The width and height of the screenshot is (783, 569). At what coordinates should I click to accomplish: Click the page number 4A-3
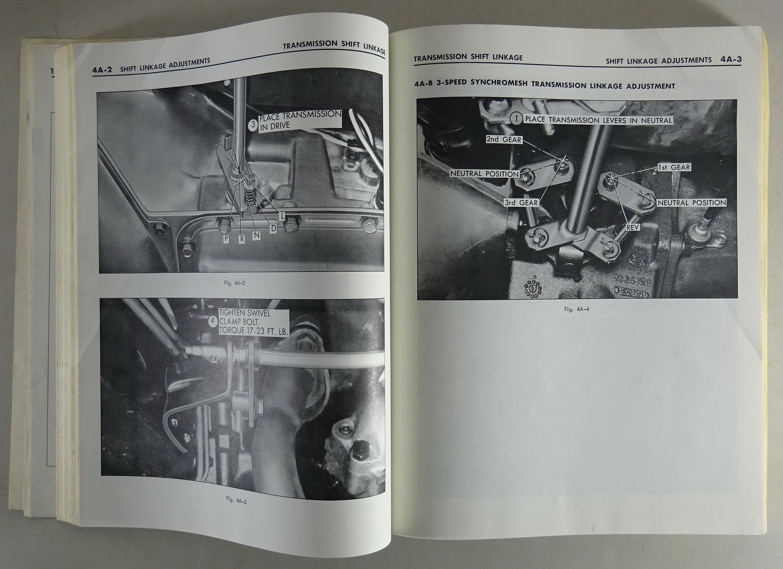tap(731, 59)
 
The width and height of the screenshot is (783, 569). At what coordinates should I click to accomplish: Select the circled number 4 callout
tap(213, 321)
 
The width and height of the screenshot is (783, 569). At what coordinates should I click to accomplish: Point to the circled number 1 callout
tap(516, 119)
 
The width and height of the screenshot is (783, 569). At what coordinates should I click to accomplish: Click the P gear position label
tap(227, 238)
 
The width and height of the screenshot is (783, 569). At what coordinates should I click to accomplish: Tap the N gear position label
tap(257, 235)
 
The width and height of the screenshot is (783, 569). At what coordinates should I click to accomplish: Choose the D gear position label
tap(274, 228)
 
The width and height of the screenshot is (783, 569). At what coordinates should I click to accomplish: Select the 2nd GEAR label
tap(504, 140)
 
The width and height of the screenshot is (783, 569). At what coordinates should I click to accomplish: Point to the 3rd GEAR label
tap(521, 203)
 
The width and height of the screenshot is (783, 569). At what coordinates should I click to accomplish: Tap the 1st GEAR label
tap(674, 167)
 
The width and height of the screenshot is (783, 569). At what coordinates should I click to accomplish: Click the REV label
tap(633, 227)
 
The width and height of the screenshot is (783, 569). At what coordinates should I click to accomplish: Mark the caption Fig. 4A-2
tap(234, 284)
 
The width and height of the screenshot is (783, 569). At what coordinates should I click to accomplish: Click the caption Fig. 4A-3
tap(236, 501)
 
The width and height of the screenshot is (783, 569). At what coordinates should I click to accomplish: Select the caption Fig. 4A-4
tap(576, 309)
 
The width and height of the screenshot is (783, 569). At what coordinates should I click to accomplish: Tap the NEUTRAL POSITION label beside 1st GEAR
tap(692, 203)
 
